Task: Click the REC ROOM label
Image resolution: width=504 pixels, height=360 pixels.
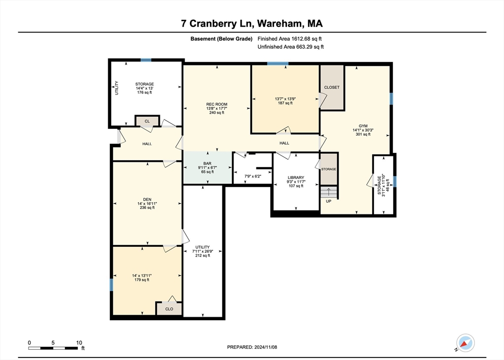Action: [217, 104]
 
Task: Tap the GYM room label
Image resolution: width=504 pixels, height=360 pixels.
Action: [363, 125]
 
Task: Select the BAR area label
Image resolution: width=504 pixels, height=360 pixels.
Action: [207, 163]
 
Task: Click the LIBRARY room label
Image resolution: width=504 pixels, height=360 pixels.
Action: [296, 178]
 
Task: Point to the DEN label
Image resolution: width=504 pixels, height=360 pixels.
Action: [147, 199]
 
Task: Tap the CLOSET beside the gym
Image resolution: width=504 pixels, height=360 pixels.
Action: [332, 88]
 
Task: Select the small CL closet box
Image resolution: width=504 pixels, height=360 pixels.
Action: [147, 120]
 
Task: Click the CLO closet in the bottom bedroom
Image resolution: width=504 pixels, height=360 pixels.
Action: [169, 309]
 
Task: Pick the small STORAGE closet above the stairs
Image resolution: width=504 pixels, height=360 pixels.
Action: [329, 169]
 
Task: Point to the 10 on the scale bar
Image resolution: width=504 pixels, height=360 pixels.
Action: [79, 342]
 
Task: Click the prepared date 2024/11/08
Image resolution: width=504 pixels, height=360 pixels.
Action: [252, 347]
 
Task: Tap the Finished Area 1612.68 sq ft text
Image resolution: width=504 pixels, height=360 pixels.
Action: [290, 38]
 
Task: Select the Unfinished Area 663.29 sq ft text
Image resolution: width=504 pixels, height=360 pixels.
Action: [290, 47]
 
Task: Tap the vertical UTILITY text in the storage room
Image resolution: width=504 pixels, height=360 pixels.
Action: [117, 88]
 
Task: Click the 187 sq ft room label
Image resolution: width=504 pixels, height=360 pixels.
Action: [285, 103]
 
